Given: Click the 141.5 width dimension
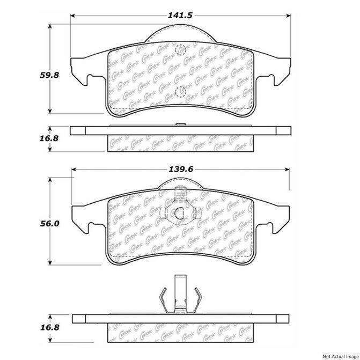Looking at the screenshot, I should tap(180, 15).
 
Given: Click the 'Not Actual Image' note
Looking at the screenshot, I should tap(339, 355).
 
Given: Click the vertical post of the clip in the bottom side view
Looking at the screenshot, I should tap(180, 292).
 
